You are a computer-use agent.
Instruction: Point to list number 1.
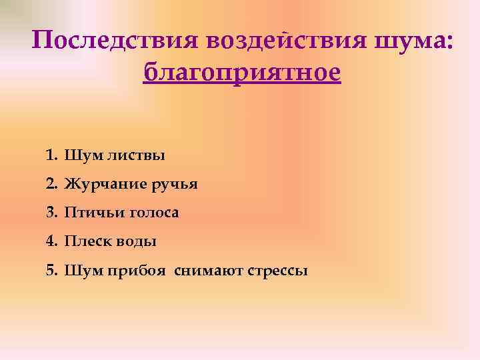[x=52, y=156]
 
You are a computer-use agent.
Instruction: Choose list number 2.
[x=52, y=184]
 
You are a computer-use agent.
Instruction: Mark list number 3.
[x=52, y=213]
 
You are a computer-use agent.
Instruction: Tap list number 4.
[x=52, y=241]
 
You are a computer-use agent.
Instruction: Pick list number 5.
[x=52, y=271]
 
